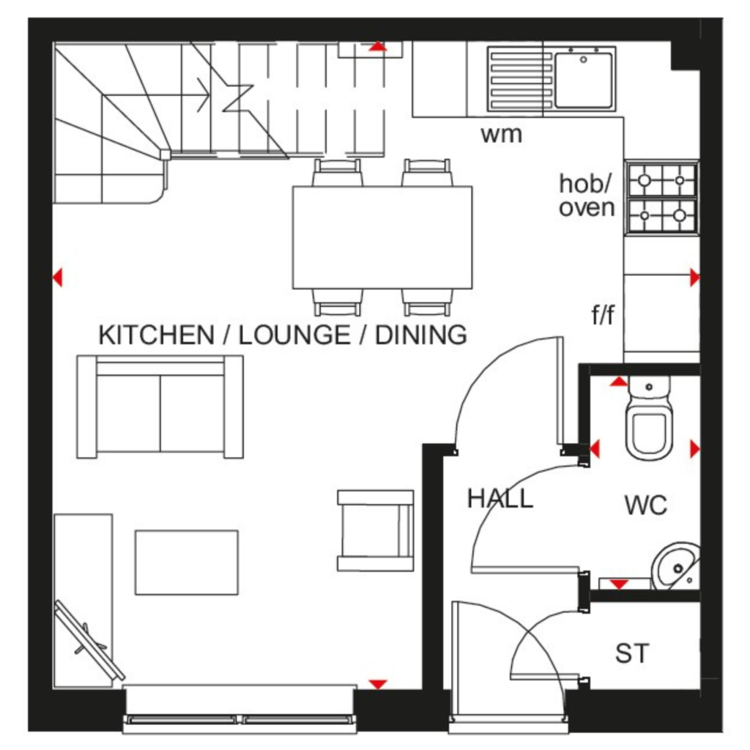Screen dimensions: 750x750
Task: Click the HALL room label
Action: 500,498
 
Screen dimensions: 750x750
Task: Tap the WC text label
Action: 646,505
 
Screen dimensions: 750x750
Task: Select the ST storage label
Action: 632,653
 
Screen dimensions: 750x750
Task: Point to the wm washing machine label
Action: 501,135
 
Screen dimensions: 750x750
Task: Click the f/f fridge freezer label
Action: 603,315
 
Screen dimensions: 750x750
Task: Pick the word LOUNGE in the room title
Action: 294,335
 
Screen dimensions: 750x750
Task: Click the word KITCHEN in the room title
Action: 156,335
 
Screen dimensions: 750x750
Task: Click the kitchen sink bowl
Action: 584,80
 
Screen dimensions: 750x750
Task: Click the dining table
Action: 382,238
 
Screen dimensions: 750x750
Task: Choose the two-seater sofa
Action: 160,406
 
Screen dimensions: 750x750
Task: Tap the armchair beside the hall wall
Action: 376,530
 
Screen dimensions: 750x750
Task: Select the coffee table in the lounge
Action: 187,562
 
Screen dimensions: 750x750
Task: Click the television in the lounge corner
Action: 89,640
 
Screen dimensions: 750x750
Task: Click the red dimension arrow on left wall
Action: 58,278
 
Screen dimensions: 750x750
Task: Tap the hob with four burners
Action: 662,198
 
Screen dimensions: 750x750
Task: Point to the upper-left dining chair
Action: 337,172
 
